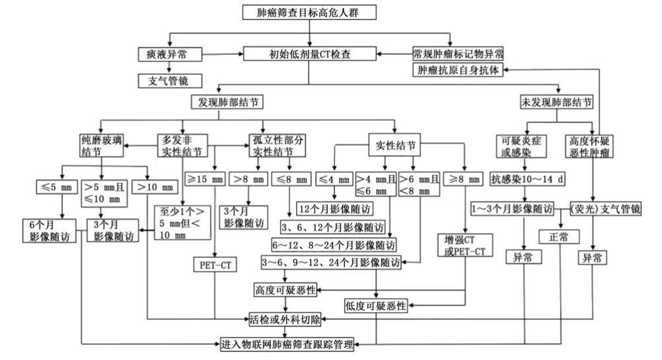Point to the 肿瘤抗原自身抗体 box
point(456,70)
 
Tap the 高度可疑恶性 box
point(285,290)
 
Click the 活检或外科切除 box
point(285,321)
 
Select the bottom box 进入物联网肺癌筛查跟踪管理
point(287,344)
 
